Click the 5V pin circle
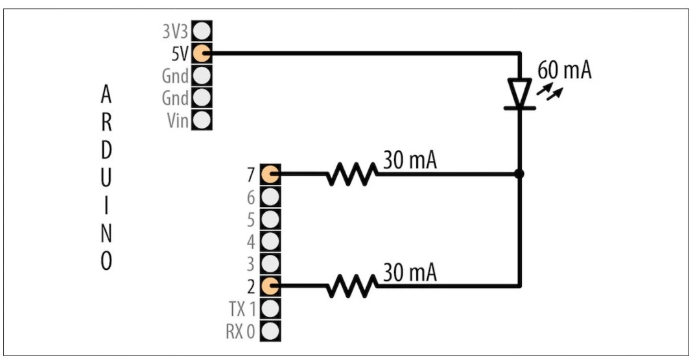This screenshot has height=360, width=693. [x=202, y=53]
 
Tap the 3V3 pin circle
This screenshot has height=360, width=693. [x=202, y=30]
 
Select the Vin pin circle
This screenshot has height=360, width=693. [x=202, y=120]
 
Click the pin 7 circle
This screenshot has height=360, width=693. [x=270, y=174]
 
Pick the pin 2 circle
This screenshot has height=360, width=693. [x=270, y=285]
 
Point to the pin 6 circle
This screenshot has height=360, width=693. [x=270, y=197]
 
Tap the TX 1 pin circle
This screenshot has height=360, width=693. [x=270, y=307]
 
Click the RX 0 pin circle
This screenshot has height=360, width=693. [x=270, y=330]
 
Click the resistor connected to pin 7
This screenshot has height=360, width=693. [x=351, y=174]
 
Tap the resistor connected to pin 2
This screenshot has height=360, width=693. [x=351, y=285]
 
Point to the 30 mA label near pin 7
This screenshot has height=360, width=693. [x=410, y=160]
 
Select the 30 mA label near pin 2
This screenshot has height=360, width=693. [x=410, y=272]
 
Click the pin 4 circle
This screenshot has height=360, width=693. [x=270, y=241]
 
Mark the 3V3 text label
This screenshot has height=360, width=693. [x=174, y=30]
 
